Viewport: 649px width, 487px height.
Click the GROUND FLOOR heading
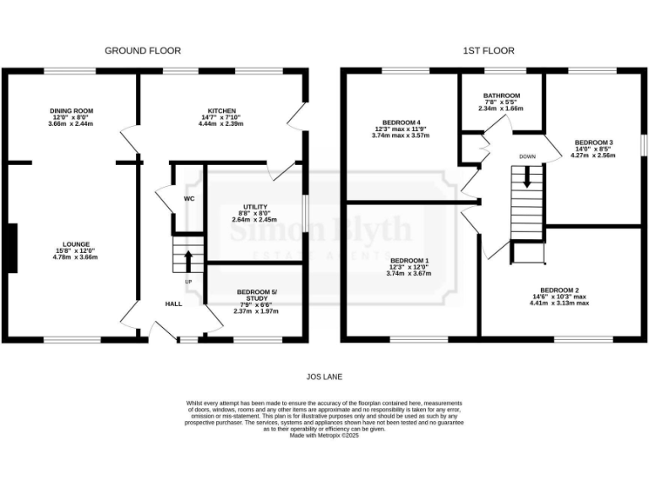coord(141,51)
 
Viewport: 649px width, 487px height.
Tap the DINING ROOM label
coord(71,111)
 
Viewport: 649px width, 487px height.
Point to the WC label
coord(189,200)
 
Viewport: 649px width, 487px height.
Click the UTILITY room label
coord(255,206)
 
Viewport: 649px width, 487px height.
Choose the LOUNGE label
coord(71,245)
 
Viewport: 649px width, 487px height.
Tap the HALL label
coord(172,304)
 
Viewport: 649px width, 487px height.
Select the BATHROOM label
coord(501,96)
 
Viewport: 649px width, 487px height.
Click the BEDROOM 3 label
coord(593,143)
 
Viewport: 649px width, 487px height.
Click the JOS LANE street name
coord(324,376)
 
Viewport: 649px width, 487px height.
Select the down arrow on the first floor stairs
coord(527,178)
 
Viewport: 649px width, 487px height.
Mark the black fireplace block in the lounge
coord(11,249)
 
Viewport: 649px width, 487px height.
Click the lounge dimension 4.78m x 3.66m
coord(71,257)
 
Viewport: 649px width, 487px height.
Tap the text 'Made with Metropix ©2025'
coord(324,435)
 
